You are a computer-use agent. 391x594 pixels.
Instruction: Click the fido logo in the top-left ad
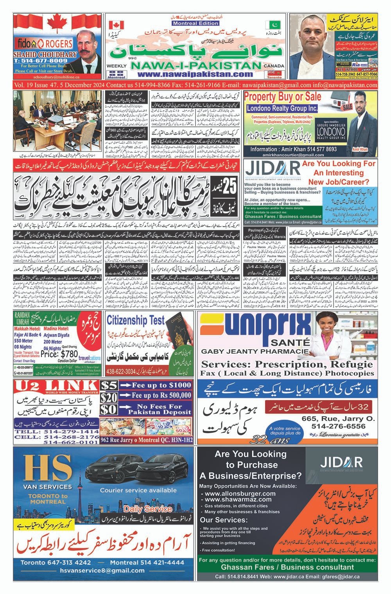coord(23,42)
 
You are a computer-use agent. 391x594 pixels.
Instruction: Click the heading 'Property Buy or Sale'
coord(283,97)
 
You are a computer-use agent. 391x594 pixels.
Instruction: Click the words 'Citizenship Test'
coord(136,320)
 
